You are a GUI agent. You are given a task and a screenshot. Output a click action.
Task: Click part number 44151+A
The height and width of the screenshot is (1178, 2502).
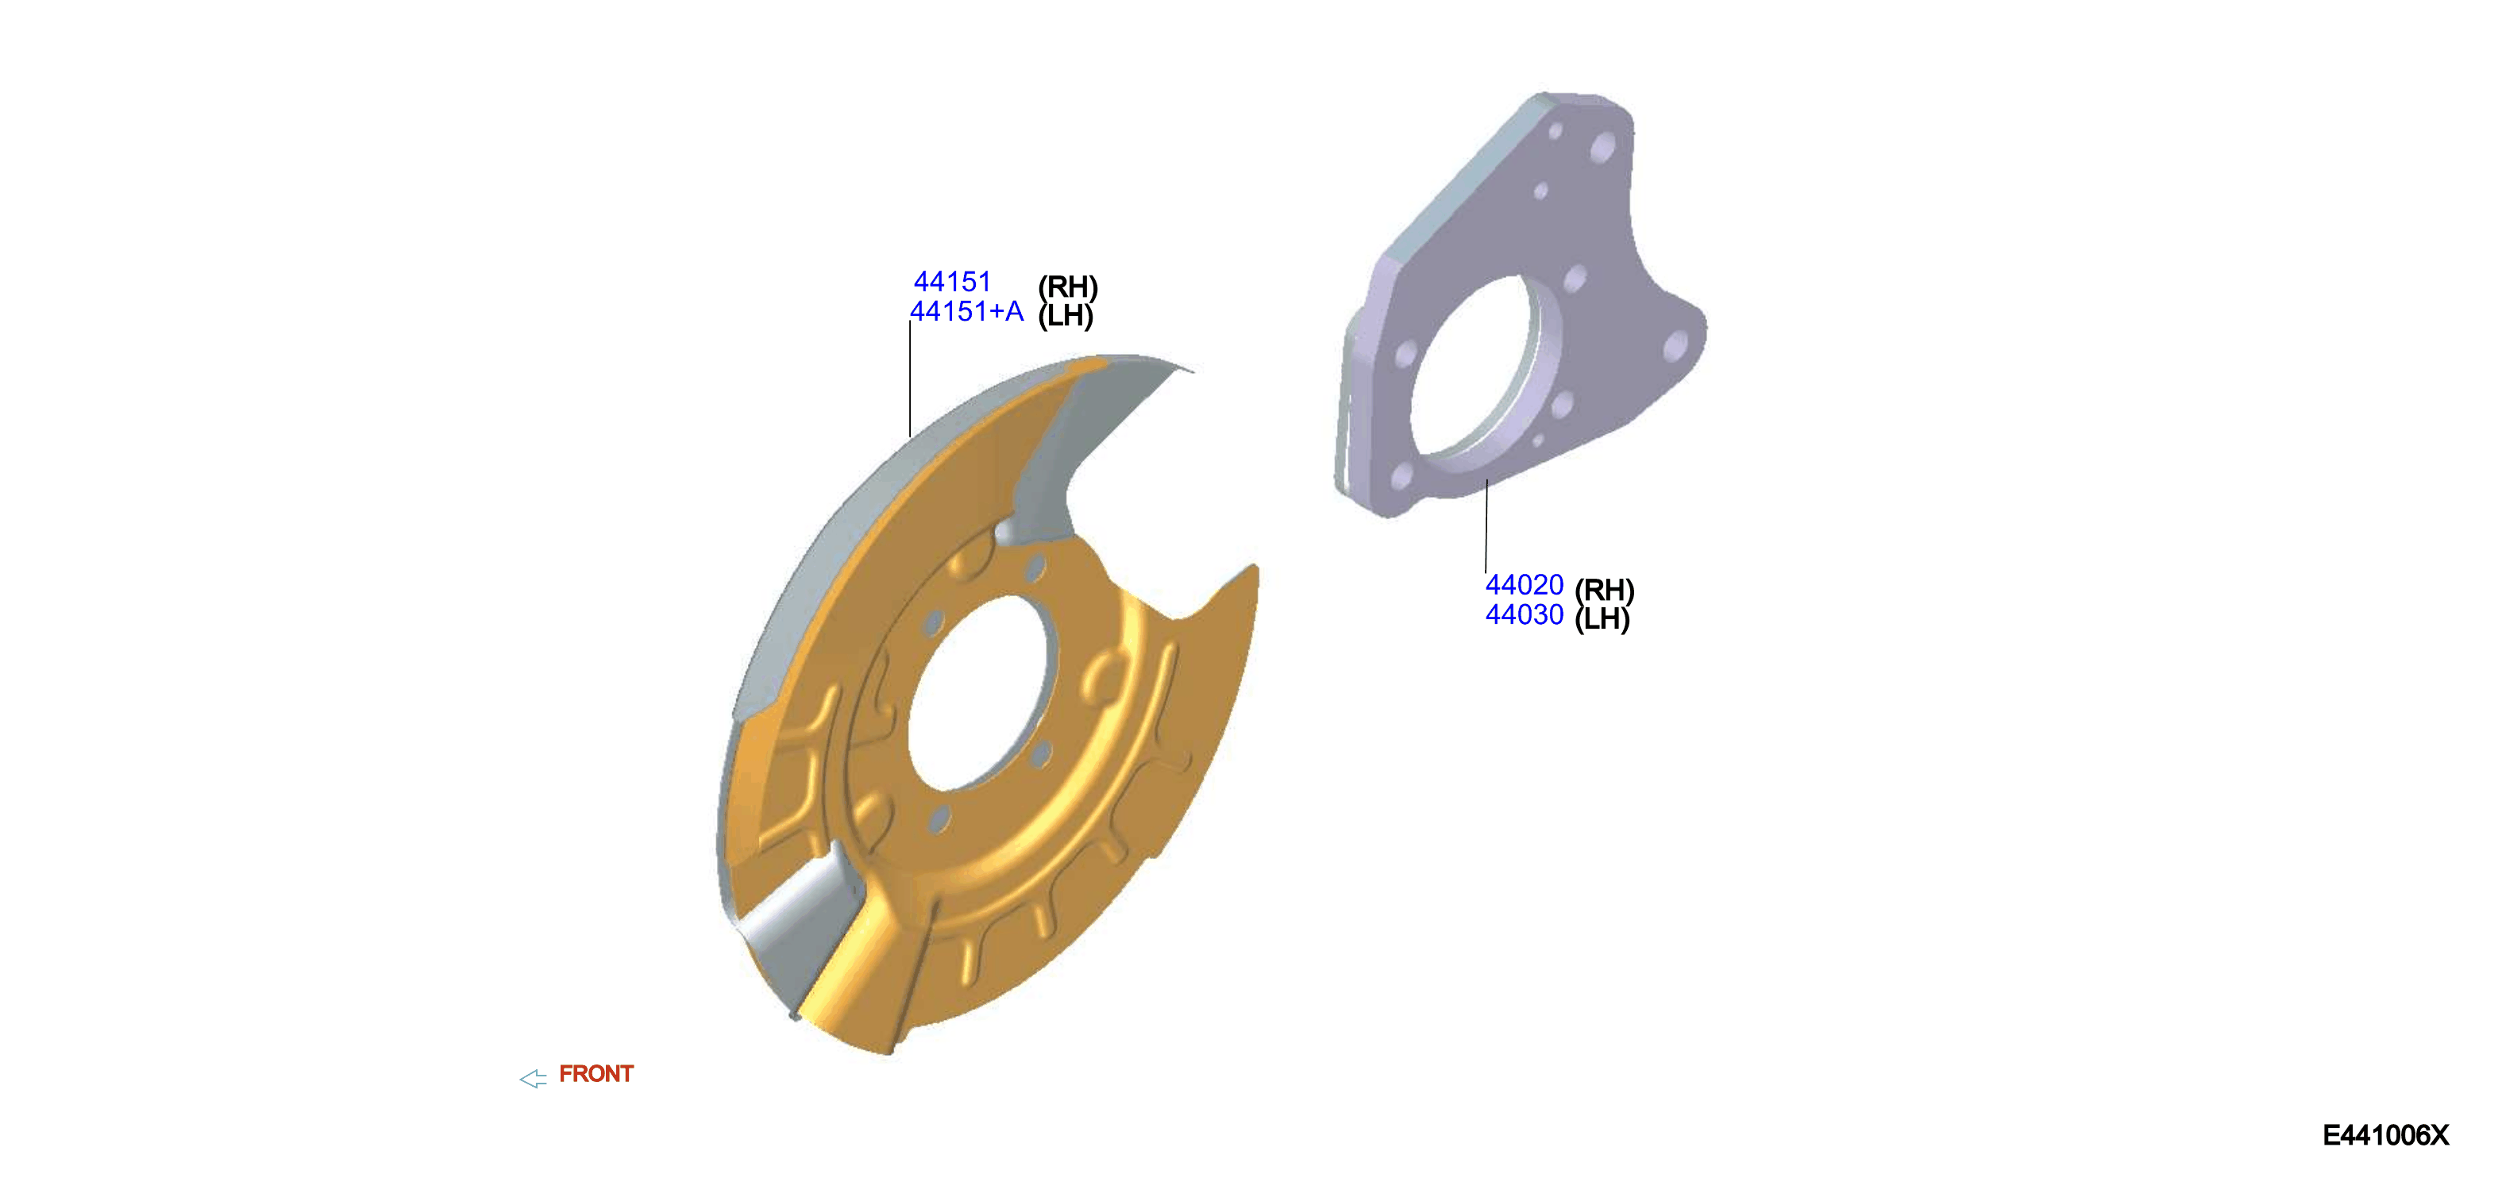pos(966,312)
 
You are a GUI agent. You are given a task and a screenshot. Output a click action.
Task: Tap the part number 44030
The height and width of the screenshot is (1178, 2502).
pos(1524,614)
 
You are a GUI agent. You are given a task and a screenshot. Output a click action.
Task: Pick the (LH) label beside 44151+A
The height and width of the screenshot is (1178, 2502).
pos(1066,316)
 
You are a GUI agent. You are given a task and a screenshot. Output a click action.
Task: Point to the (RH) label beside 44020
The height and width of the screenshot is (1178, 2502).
pos(1605,591)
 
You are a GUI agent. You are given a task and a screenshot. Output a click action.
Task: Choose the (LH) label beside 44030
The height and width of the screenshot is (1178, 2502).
pos(1602,618)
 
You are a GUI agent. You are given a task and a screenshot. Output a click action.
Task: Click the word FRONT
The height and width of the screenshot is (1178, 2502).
pos(596,1074)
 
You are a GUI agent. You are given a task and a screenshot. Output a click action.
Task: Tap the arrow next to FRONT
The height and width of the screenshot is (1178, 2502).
pos(534,1078)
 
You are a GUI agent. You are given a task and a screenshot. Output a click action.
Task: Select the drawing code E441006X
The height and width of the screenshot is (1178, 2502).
pos(2385,1135)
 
